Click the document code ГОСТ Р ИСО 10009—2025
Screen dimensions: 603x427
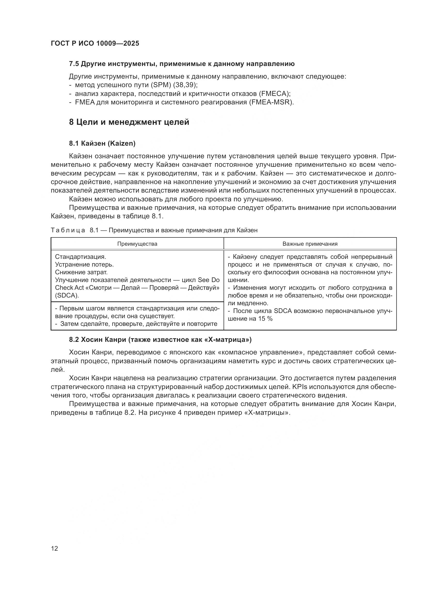[95, 43]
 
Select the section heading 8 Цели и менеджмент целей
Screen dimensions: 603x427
[129, 122]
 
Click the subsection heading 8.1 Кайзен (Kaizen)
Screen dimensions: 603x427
[102, 143]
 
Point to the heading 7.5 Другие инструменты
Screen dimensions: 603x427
[182, 64]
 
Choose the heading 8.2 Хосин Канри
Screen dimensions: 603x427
[160, 340]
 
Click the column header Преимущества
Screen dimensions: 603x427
[137, 244]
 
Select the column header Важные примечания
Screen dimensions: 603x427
[310, 244]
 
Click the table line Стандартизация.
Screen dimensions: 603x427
[81, 257]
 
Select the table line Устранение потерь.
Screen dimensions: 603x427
[84, 265]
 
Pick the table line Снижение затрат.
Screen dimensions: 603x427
[81, 272]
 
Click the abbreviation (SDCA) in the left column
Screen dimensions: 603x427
[67, 295]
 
